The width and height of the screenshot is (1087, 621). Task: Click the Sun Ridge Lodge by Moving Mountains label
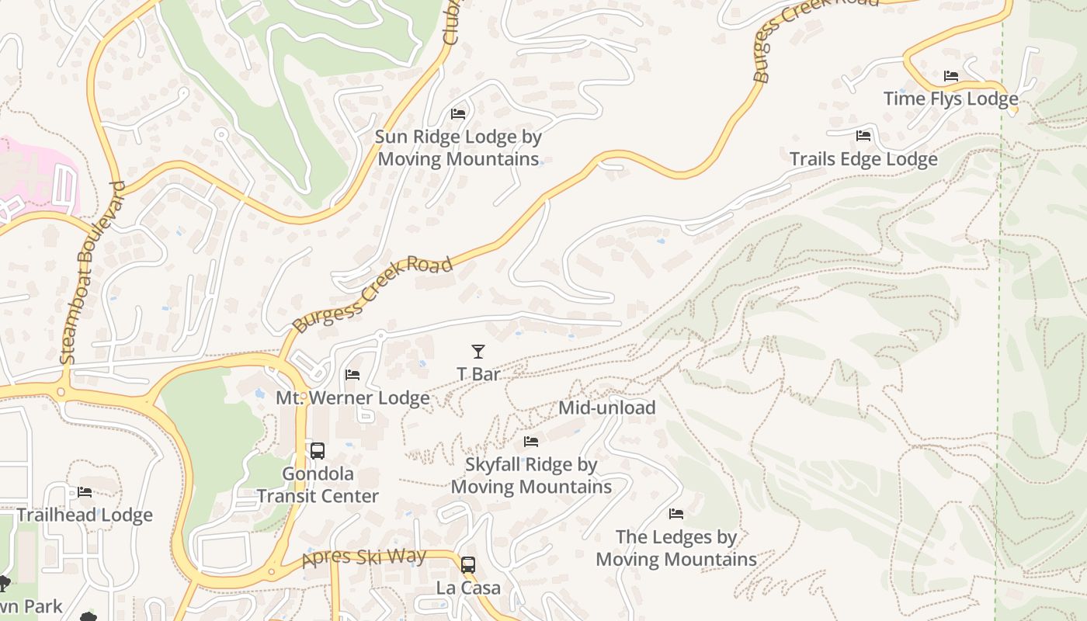457,148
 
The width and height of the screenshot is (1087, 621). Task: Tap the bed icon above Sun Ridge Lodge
458,114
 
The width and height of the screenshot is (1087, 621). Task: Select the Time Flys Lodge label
950,99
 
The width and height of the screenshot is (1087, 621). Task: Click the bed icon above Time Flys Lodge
951,76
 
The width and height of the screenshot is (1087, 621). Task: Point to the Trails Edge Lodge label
863,159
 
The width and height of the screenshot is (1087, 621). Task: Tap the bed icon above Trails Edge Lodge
863,137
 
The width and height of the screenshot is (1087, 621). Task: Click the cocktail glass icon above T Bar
478,352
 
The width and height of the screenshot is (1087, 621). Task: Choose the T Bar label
478,374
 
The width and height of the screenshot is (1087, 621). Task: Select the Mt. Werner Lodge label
352,398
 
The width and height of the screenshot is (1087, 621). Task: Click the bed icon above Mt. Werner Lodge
352,376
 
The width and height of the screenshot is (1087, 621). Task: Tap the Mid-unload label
607,408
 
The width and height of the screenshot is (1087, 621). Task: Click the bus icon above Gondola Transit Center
317,451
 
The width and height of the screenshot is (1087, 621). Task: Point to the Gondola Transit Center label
318,485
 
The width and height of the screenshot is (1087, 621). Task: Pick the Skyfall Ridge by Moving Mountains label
531,476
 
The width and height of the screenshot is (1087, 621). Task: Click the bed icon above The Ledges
676,514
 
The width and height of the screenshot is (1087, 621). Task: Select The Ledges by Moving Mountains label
676,548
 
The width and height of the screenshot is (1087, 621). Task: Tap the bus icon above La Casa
467,565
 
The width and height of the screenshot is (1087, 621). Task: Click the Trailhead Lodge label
85,515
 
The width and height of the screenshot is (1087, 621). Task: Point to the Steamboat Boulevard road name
92,272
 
